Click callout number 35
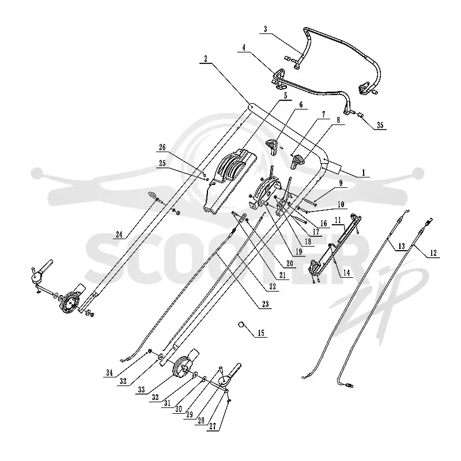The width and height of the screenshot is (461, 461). [x=380, y=125]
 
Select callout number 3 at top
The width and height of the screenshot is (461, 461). [x=266, y=29]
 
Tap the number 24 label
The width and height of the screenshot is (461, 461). [x=119, y=235]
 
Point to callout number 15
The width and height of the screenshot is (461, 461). [x=261, y=333]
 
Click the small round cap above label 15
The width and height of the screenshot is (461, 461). [x=241, y=324]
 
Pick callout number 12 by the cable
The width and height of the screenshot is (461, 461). [x=433, y=253]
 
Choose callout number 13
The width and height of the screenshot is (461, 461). [x=401, y=246]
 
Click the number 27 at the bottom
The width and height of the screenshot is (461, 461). [x=213, y=426]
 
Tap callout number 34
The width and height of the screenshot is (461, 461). [x=109, y=373]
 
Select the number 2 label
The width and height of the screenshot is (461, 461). [x=206, y=59]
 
